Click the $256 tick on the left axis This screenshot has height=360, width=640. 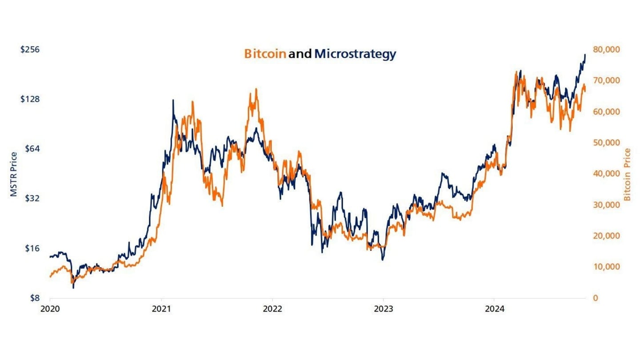(30, 49)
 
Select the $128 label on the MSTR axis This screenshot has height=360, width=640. (30, 99)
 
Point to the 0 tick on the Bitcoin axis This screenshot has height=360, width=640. (596, 298)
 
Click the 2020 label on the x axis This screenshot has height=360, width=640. (50, 309)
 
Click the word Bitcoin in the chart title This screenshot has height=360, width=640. (265, 54)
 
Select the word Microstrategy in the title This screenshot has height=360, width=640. (355, 54)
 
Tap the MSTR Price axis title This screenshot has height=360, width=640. (14, 174)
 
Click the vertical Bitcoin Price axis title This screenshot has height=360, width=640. (627, 174)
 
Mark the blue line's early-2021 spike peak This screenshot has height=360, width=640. (173, 100)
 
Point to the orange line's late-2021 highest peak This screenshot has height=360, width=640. (256, 89)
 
